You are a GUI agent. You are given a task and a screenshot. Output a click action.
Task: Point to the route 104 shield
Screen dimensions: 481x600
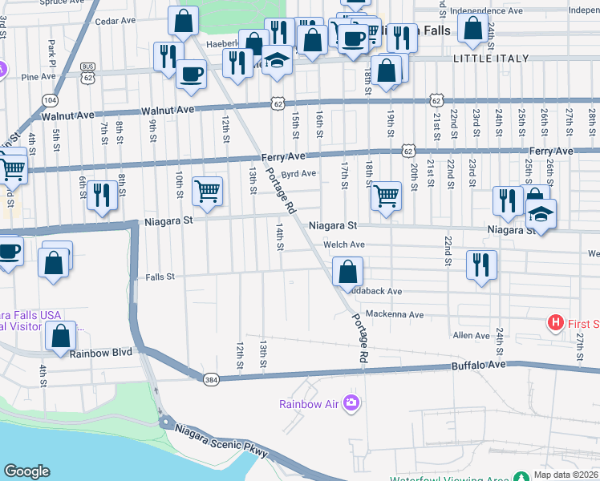click(x=51, y=99)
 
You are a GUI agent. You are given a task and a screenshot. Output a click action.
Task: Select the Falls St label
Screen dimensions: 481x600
click(x=160, y=277)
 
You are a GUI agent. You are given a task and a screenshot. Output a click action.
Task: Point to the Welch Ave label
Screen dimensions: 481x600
click(x=344, y=245)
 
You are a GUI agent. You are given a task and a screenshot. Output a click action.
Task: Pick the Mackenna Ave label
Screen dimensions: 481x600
click(x=393, y=314)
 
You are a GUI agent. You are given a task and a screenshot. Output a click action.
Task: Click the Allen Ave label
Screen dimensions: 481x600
click(x=471, y=335)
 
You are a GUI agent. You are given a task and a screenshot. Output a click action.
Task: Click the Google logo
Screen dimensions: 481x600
click(x=26, y=471)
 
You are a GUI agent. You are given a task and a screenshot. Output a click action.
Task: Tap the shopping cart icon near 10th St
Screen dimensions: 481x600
click(x=207, y=192)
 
